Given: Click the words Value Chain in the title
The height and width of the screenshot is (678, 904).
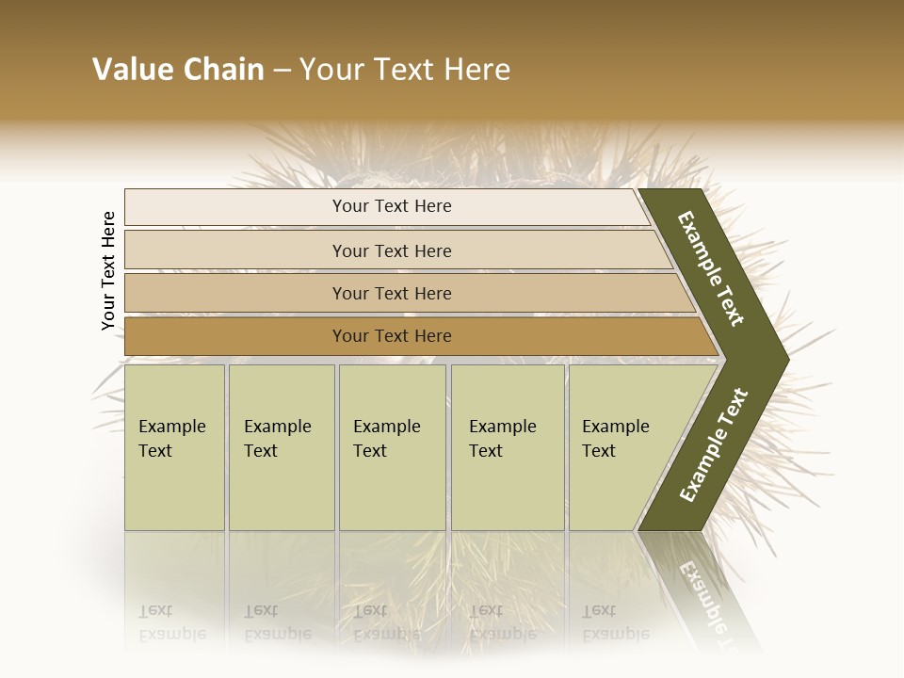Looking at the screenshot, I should pyautogui.click(x=178, y=70).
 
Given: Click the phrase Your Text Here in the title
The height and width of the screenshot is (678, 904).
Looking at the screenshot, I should pyautogui.click(x=405, y=70).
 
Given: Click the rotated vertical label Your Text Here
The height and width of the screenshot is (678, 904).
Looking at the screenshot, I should pyautogui.click(x=108, y=271).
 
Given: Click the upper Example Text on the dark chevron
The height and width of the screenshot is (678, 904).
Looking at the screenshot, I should pyautogui.click(x=711, y=268).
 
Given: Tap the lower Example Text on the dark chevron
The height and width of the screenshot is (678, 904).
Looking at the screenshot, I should pyautogui.click(x=714, y=445).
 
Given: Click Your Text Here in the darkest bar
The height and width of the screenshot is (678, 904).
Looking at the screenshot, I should pyautogui.click(x=392, y=336).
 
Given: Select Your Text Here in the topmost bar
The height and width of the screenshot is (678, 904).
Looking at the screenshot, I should pyautogui.click(x=392, y=206).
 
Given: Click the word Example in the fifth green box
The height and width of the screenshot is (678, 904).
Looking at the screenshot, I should pyautogui.click(x=615, y=426).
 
